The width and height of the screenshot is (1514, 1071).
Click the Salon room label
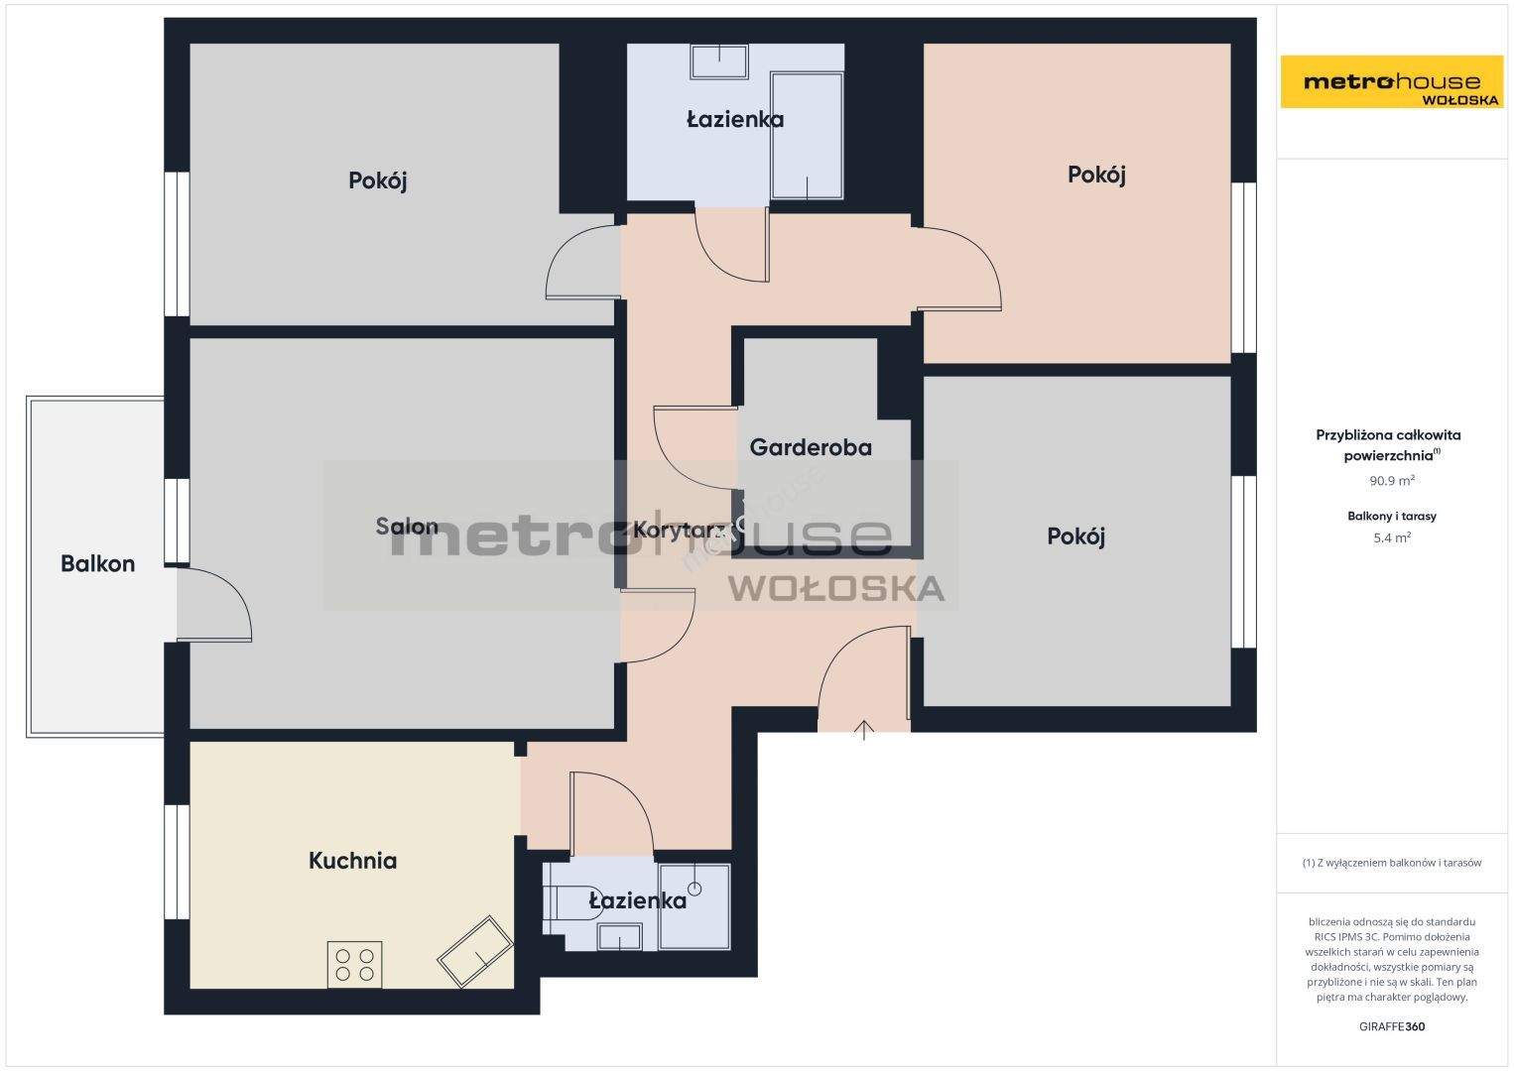click(x=406, y=526)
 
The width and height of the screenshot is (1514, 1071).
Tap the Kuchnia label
click(x=352, y=860)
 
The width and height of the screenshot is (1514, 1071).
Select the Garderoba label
click(x=811, y=447)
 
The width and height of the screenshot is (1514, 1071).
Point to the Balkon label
click(x=97, y=563)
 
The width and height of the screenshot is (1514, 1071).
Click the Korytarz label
click(x=680, y=530)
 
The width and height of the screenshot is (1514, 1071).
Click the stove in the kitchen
click(x=355, y=964)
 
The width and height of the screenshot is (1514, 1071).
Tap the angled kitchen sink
click(x=475, y=951)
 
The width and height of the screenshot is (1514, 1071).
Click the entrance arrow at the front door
click(x=864, y=730)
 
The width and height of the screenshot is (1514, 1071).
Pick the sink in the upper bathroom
click(x=718, y=61)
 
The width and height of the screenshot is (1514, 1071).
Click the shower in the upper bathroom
click(x=807, y=136)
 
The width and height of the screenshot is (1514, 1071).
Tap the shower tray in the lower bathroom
click(x=694, y=906)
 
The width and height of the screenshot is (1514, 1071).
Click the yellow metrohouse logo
click(x=1392, y=81)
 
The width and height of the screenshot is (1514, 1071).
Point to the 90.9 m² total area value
click(x=1392, y=480)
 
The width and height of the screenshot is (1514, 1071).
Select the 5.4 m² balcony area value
click(x=1392, y=537)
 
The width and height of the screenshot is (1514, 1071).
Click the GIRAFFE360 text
click(x=1392, y=1026)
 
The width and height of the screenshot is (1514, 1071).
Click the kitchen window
click(x=177, y=862)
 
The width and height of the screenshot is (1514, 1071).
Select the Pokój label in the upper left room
click(x=377, y=180)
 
